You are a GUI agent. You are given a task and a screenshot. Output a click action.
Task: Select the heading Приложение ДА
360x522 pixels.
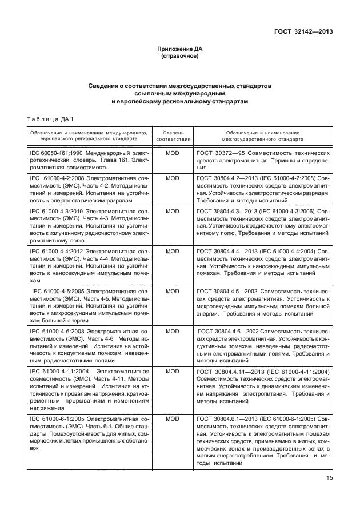pyautogui.click(x=180, y=50)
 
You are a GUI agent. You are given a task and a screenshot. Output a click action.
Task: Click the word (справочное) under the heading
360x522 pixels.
pyautogui.click(x=180, y=57)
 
